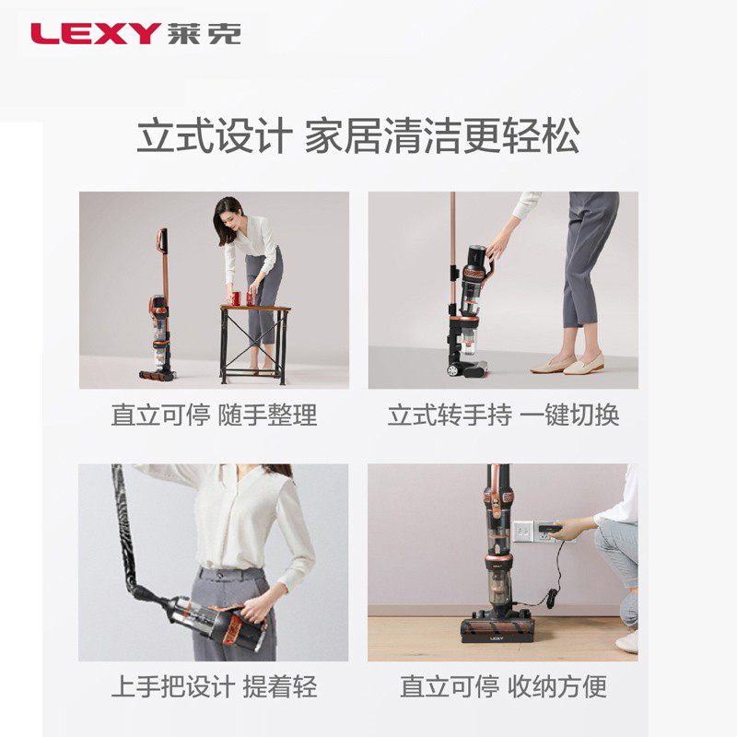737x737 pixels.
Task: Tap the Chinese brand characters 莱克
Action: point(205,33)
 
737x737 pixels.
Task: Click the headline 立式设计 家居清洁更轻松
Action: point(357,135)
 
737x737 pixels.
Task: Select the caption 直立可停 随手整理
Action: point(215,415)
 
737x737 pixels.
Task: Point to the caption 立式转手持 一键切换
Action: point(503,415)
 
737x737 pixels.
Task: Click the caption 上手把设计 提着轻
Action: point(215,686)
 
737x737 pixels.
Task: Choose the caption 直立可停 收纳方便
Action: point(503,686)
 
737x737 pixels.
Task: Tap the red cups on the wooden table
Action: point(242,298)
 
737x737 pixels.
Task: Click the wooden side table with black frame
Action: point(255,344)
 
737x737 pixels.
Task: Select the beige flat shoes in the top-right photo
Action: point(567,363)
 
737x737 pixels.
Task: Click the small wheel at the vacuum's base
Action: point(452,370)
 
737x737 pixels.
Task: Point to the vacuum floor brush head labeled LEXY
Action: point(497,630)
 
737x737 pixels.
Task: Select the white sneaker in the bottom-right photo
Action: point(626,641)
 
